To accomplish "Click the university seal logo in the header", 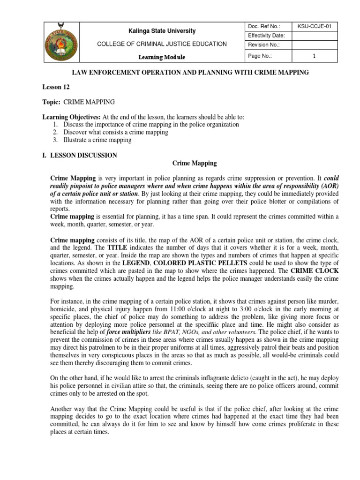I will click(x=61, y=42).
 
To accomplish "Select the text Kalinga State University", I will click(x=162, y=31).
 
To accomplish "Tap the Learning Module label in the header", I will click(x=162, y=57).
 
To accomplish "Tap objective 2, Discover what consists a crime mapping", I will click(x=115, y=132).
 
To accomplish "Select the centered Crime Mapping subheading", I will click(x=195, y=163).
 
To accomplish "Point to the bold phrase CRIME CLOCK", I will click(x=314, y=271).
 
